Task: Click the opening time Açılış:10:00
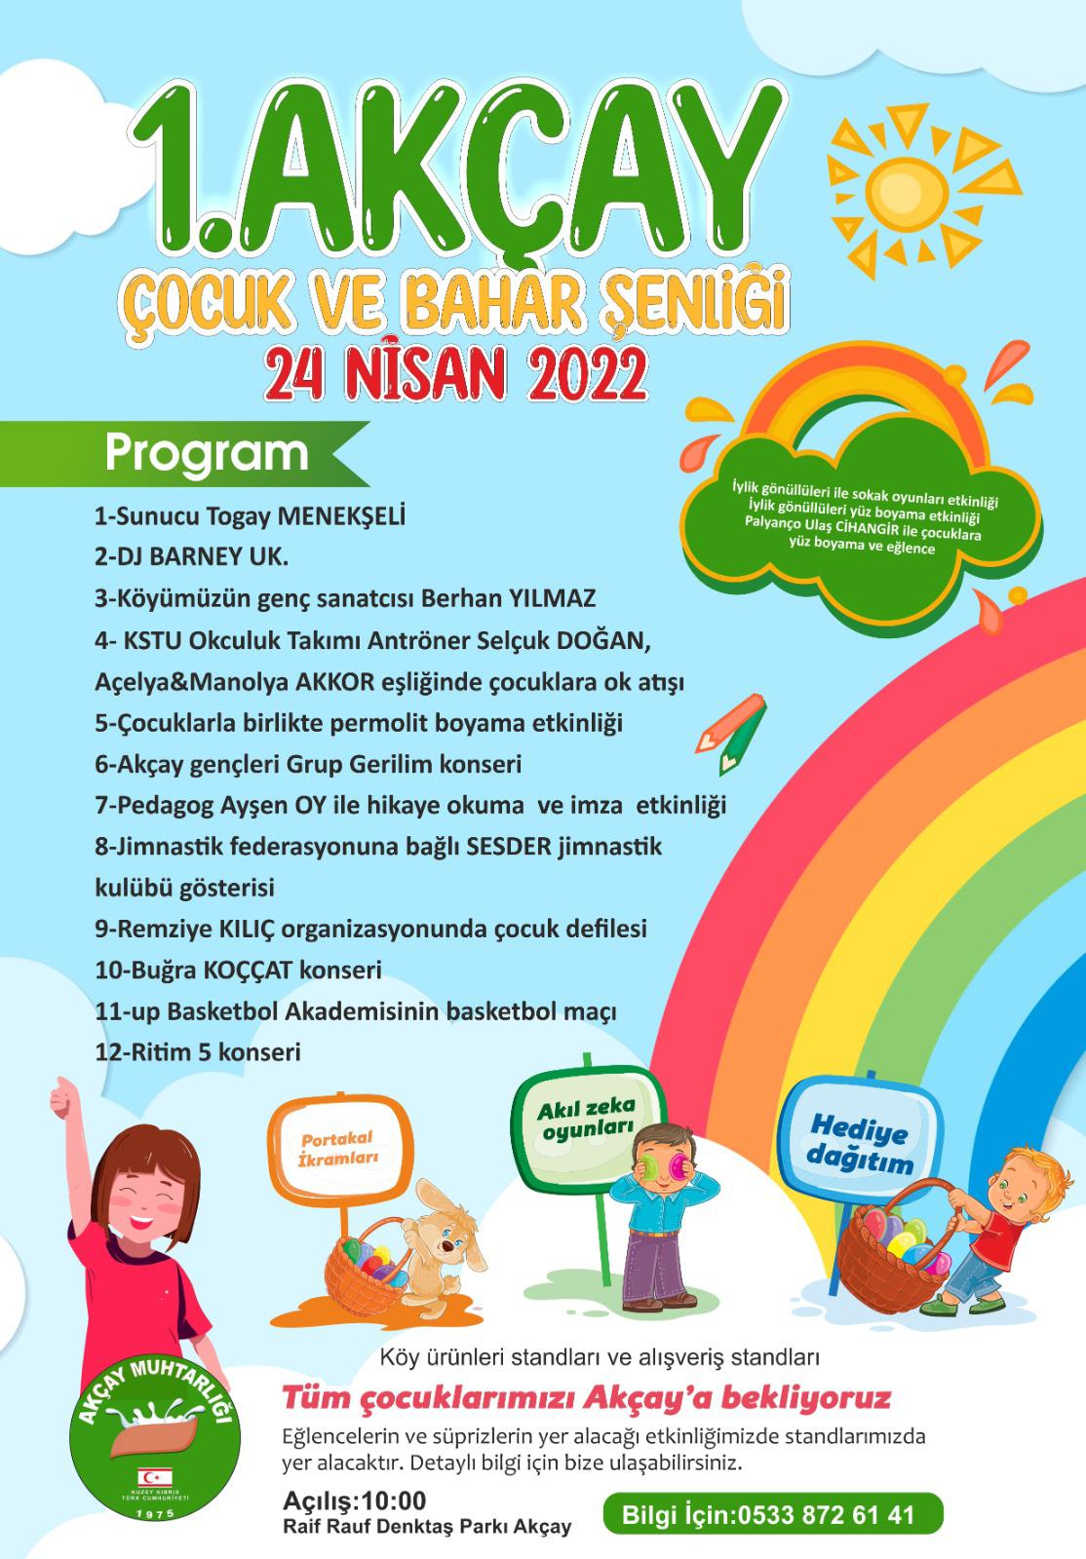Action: (x=355, y=1501)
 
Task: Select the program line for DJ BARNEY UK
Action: (x=191, y=556)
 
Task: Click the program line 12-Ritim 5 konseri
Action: (x=198, y=1052)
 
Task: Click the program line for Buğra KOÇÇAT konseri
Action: (x=238, y=970)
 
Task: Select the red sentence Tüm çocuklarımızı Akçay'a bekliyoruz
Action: (x=586, y=1398)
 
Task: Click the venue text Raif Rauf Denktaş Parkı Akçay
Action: (x=427, y=1527)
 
